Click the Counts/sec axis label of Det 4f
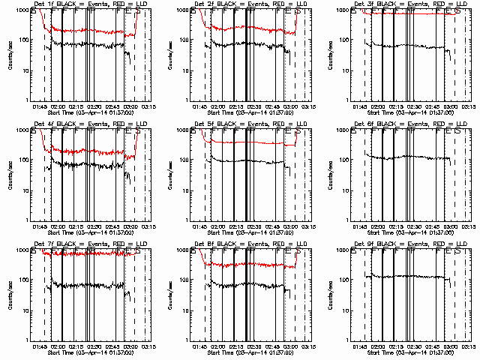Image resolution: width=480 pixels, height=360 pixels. click(x=10, y=175)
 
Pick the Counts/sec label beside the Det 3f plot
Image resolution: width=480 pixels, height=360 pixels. click(x=329, y=55)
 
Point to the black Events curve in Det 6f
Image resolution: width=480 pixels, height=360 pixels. click(x=405, y=157)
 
